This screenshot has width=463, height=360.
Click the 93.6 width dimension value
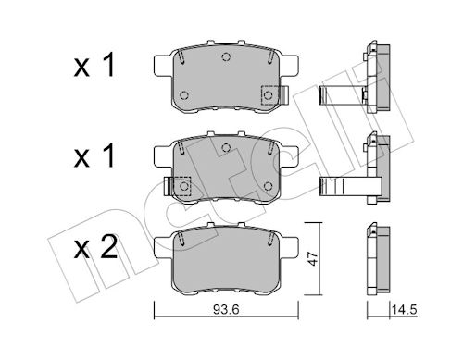coord(226,310)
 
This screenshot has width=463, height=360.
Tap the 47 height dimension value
coord(314,258)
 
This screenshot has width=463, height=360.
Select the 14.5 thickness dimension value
coord(404,310)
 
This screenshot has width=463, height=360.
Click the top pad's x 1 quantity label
coord(94,65)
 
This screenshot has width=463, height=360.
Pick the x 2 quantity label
coord(95,247)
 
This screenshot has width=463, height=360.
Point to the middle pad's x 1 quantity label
coord(94,155)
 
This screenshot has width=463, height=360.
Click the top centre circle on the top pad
coord(226,56)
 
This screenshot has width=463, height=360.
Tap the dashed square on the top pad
coord(269,95)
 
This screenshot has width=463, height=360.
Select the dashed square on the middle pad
coord(182,186)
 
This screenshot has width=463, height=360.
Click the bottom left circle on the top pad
coord(184,95)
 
